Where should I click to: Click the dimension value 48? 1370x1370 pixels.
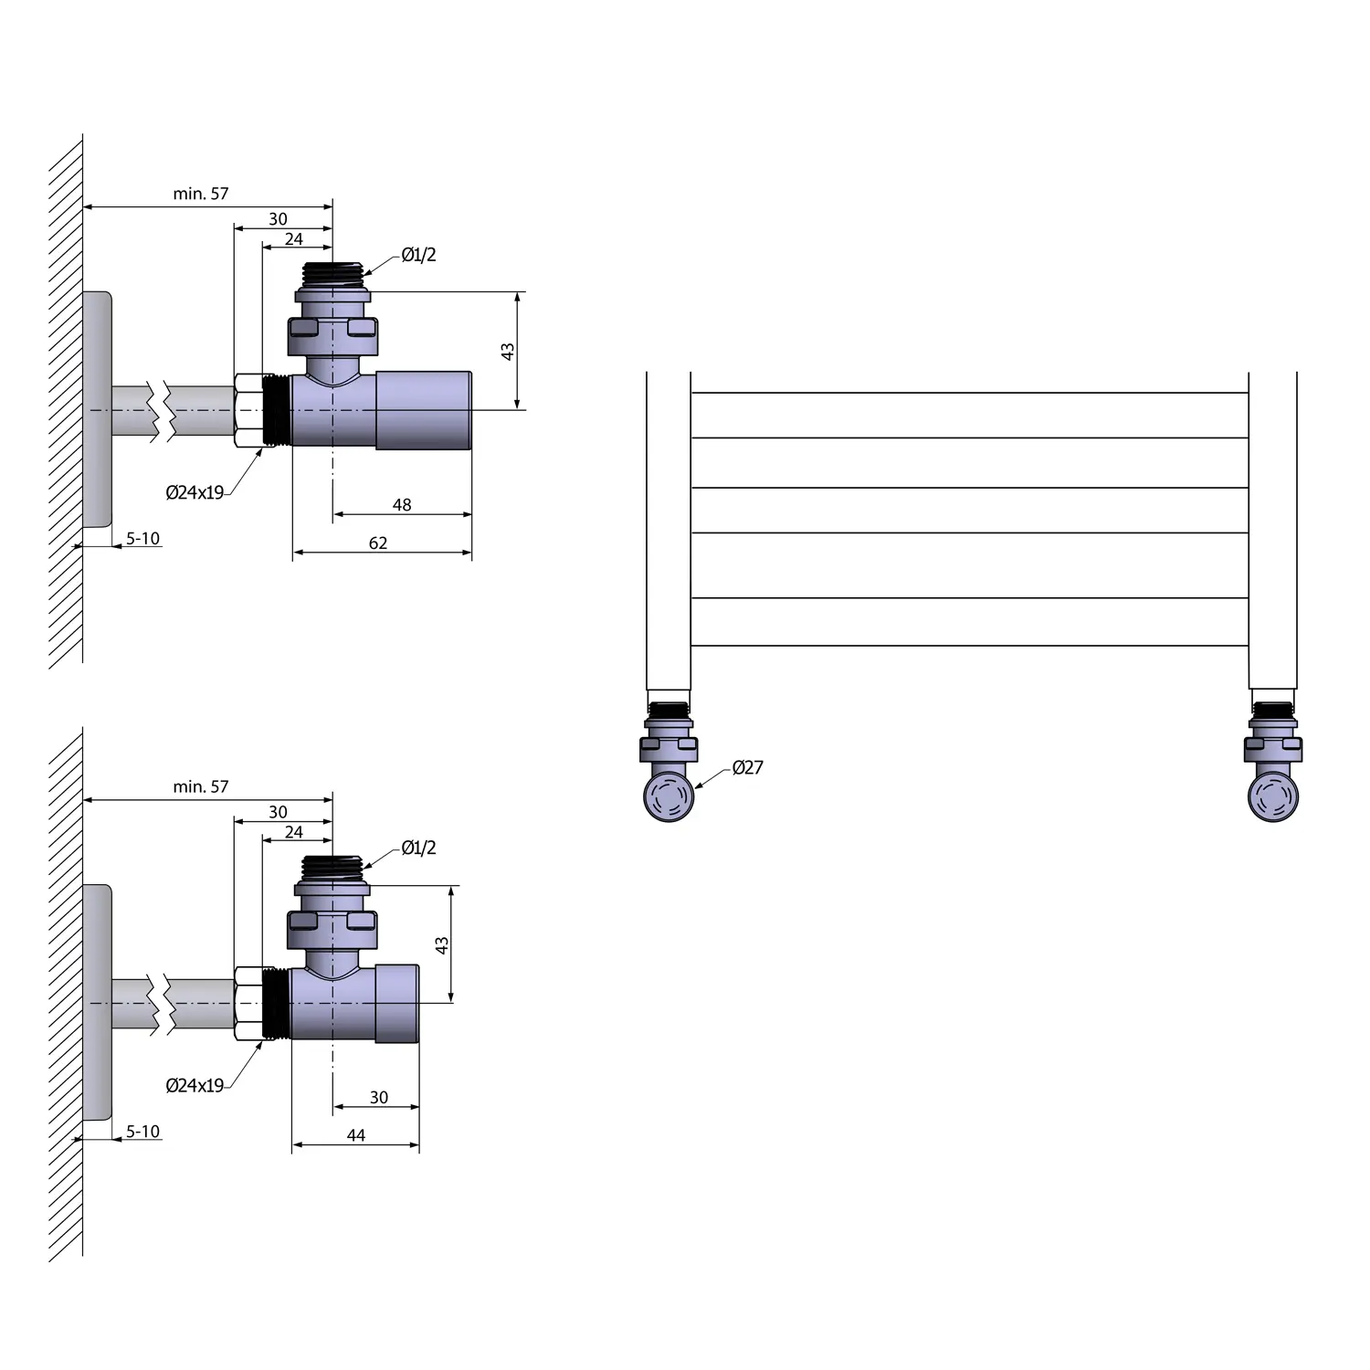pos(402,505)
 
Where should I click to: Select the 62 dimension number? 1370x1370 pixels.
pos(378,543)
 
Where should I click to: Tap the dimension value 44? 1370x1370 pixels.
pos(356,1135)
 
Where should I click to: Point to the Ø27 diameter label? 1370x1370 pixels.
pos(747,768)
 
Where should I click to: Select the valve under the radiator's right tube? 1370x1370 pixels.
pos(1273,767)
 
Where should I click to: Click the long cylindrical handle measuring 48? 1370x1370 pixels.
pos(424,409)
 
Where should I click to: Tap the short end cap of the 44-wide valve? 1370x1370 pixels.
pos(398,1003)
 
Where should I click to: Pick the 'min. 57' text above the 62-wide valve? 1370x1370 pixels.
pos(201,194)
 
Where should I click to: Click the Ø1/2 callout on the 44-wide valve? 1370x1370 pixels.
pos(418,848)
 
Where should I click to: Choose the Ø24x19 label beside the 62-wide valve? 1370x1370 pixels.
pos(195,493)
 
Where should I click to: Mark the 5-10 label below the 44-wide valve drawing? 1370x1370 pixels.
pos(142,1132)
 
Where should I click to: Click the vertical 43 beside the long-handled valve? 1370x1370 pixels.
pos(508,351)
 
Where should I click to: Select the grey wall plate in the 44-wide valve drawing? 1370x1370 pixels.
pos(97,1002)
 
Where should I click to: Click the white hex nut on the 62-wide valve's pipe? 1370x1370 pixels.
pos(248,410)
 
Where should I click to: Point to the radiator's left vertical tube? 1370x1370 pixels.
pos(669,530)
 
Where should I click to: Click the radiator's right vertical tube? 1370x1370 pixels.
pos(1272,530)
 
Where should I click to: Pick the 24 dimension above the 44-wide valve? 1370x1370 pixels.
pos(293,832)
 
